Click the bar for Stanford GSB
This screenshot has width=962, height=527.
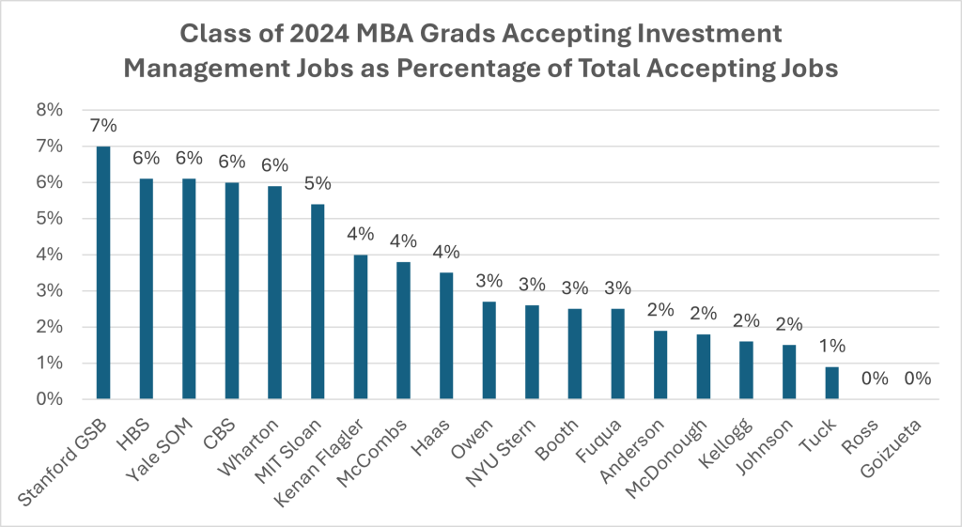coord(103,272)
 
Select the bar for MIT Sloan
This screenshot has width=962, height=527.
coord(318,302)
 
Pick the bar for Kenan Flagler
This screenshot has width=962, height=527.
coord(360,327)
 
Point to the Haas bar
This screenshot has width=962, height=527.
coord(445,335)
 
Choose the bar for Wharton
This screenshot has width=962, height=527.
coord(274,292)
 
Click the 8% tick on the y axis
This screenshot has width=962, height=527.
coord(49,110)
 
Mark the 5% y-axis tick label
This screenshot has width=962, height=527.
coord(49,219)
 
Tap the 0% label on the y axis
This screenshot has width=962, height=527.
coord(49,399)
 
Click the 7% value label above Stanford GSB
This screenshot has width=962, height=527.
coord(103,126)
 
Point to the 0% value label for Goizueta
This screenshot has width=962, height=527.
coord(918,379)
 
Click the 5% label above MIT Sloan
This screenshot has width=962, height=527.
coord(318,184)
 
